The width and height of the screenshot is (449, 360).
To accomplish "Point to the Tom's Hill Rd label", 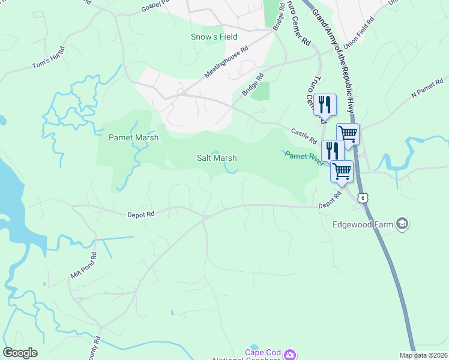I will pos(49,56).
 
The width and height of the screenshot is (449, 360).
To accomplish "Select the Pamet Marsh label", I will pos(133,137).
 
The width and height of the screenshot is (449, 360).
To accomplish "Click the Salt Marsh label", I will pos(217,158).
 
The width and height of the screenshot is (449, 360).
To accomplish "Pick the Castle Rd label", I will pos(303,136).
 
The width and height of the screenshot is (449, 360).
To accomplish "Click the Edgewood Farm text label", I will pos(363,225).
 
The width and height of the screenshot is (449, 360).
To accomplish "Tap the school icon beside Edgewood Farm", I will pos(402,224).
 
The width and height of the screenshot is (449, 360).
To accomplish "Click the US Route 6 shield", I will pos(362,197).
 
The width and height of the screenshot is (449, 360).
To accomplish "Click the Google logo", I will pos(20,353).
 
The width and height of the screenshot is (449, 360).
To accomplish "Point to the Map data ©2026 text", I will pos(424,355).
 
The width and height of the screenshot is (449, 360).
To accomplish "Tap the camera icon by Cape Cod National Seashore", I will pos(290,355).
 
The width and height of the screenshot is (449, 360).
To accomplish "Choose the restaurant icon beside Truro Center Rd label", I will pos(324,104).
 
